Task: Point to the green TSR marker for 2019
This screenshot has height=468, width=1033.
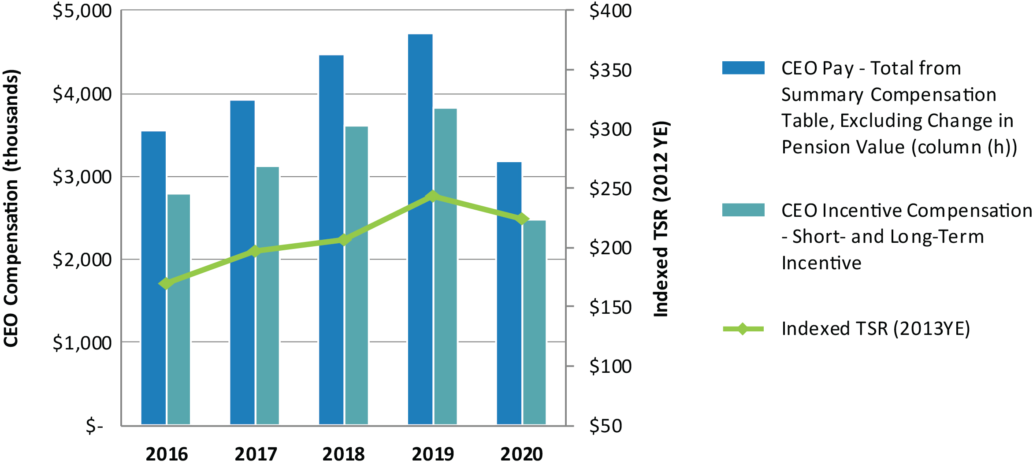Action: [x=433, y=197]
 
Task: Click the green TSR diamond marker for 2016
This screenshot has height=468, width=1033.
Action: [x=166, y=283]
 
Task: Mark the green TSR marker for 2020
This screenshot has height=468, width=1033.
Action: [x=522, y=219]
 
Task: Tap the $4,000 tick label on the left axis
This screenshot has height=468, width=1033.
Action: [x=82, y=94]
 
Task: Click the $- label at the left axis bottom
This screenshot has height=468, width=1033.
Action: [x=94, y=426]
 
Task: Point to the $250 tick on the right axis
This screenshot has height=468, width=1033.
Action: [x=610, y=189]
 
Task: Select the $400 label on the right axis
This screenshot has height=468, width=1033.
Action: [x=610, y=11]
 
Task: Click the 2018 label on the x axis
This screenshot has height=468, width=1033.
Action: [x=343, y=454]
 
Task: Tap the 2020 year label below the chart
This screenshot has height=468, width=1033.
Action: [x=521, y=454]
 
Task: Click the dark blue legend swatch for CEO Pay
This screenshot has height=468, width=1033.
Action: [x=743, y=68]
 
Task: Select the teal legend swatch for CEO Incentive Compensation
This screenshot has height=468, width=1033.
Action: [x=743, y=210]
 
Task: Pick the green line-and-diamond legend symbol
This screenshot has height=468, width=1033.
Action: [x=743, y=329]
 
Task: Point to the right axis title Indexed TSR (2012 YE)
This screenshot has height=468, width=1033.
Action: [x=661, y=219]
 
